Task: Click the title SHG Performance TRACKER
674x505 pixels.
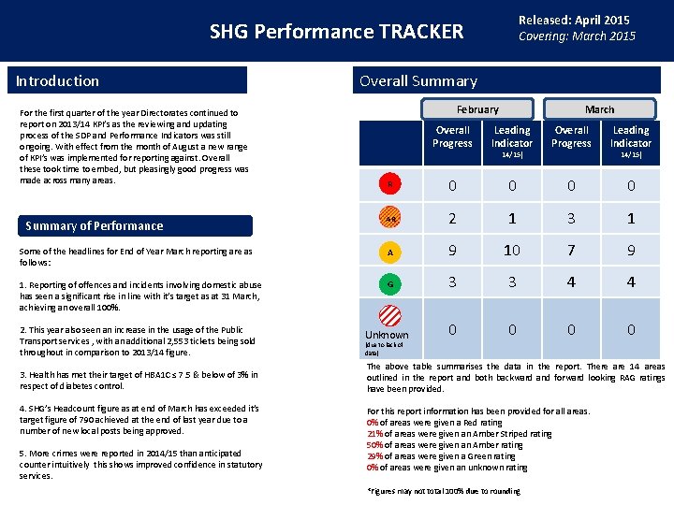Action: pos(336,32)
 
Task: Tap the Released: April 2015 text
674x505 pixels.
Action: pos(574,20)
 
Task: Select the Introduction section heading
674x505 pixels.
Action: pos(57,81)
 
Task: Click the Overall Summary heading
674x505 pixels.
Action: pos(418,81)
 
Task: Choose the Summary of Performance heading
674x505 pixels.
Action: pos(94,225)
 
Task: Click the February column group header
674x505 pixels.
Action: pos(477,109)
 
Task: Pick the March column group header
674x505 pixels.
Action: pos(599,109)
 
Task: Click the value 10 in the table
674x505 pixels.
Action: pos(511,250)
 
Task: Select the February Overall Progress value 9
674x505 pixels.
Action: pos(452,250)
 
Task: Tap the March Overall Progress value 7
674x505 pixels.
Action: pos(571,250)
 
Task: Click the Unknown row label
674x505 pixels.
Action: pos(387,335)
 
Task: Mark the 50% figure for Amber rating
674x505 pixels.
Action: pos(374,445)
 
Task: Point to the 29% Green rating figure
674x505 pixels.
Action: pos(374,456)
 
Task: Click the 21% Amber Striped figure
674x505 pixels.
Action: pos(374,434)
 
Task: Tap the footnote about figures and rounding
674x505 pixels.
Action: pos(444,491)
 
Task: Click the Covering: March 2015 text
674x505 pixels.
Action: pos(577,36)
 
